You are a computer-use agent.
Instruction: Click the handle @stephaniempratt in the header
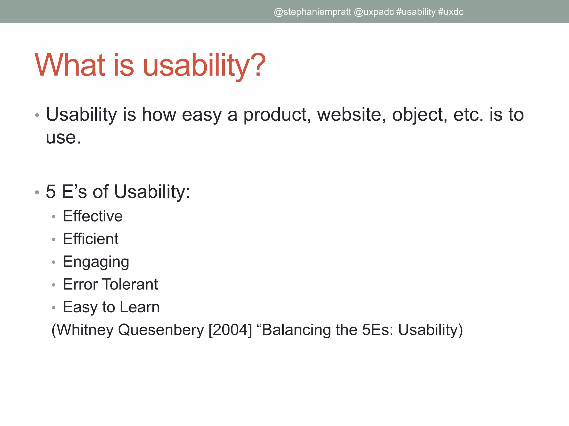coord(312,12)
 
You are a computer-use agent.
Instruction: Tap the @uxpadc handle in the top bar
coord(374,12)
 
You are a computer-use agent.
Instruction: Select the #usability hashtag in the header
coord(416,12)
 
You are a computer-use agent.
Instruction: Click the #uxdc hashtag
coord(450,12)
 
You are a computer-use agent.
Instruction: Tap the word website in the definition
coord(351,115)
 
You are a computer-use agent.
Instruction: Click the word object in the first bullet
coord(420,115)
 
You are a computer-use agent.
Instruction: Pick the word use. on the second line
coord(63,138)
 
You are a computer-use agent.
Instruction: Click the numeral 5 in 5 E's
coord(51,192)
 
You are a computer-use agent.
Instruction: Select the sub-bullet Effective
coord(93,216)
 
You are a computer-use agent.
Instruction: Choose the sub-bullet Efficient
coord(91,239)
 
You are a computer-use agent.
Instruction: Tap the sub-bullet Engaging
coord(96,262)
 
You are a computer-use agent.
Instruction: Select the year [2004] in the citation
coord(230,330)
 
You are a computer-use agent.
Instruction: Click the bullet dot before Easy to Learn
coord(54,308)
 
